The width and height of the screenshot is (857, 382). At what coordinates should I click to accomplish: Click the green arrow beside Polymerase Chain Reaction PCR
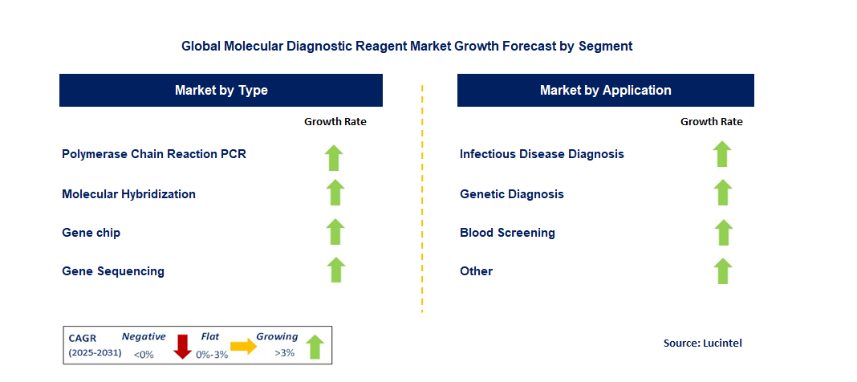pos(334,158)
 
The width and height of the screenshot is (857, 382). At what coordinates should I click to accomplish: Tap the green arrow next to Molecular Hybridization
pos(335,193)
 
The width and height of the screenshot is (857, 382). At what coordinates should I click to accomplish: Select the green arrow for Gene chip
pos(335,232)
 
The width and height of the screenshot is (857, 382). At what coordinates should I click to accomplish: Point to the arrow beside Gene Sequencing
pos(336,270)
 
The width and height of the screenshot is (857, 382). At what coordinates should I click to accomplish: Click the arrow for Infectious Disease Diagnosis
pos(722,154)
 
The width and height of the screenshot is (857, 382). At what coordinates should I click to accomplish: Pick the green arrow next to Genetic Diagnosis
pos(723,193)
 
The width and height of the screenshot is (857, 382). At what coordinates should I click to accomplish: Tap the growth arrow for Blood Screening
pos(724,233)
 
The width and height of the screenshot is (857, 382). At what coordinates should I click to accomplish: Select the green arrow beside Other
pos(723,271)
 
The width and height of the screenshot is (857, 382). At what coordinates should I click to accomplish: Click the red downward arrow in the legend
pos(182,347)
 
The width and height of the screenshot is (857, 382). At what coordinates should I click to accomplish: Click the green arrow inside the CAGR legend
pos(315,347)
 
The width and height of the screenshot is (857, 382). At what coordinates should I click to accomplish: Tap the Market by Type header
pos(221,90)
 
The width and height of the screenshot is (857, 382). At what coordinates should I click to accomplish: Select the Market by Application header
pos(606,90)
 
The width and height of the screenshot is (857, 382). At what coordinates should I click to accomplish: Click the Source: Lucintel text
pos(703,343)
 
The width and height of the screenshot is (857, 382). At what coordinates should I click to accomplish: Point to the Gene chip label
pos(91,233)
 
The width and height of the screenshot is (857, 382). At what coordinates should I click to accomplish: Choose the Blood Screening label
pos(507,233)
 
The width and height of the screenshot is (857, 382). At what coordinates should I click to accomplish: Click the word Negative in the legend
pos(143,336)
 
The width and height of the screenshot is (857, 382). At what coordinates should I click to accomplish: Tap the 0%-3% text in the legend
pos(212,355)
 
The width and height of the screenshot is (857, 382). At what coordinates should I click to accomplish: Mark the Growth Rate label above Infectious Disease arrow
pos(712,122)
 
